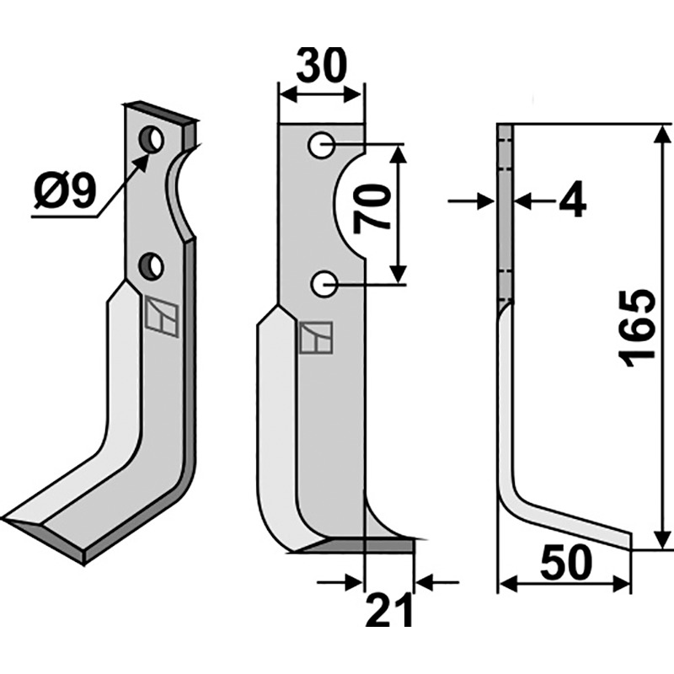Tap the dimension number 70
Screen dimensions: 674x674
pos(370,211)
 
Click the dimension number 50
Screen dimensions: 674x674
pos(564,565)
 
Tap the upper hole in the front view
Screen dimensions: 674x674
pos(322,146)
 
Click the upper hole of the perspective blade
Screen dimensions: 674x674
pos(152,140)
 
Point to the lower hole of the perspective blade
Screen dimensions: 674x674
pos(152,267)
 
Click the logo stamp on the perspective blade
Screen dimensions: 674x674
pos(161,318)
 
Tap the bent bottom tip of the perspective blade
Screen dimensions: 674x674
pos(34,527)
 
